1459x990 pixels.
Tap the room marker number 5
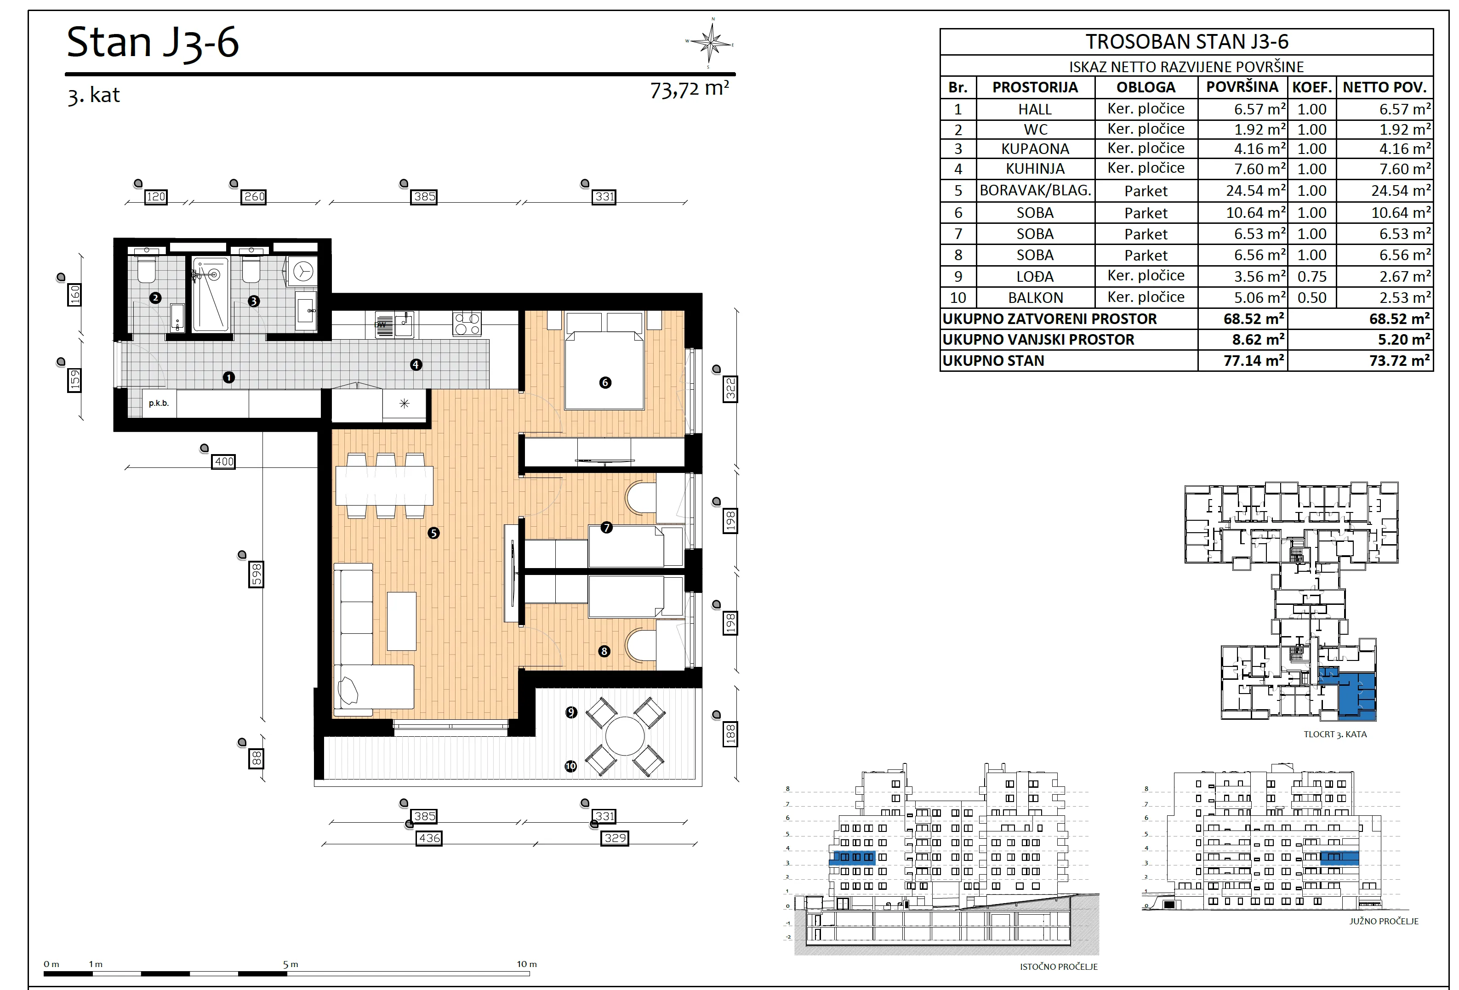[433, 533]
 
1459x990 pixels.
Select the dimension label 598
[256, 575]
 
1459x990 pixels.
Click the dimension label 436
[429, 838]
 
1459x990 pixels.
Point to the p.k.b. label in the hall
[159, 403]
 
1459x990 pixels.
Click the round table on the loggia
[625, 736]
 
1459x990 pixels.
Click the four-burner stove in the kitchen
[467, 324]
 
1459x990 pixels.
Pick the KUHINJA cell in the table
[1035, 169]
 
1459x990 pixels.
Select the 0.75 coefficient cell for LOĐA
[1312, 277]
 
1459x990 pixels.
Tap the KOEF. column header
[1312, 87]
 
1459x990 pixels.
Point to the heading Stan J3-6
[153, 43]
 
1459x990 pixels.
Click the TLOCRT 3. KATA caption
[1335, 734]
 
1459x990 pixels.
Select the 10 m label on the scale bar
[527, 964]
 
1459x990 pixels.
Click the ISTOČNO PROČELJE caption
[1059, 967]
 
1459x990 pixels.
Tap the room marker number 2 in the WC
[156, 298]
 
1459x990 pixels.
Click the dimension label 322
[730, 389]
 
